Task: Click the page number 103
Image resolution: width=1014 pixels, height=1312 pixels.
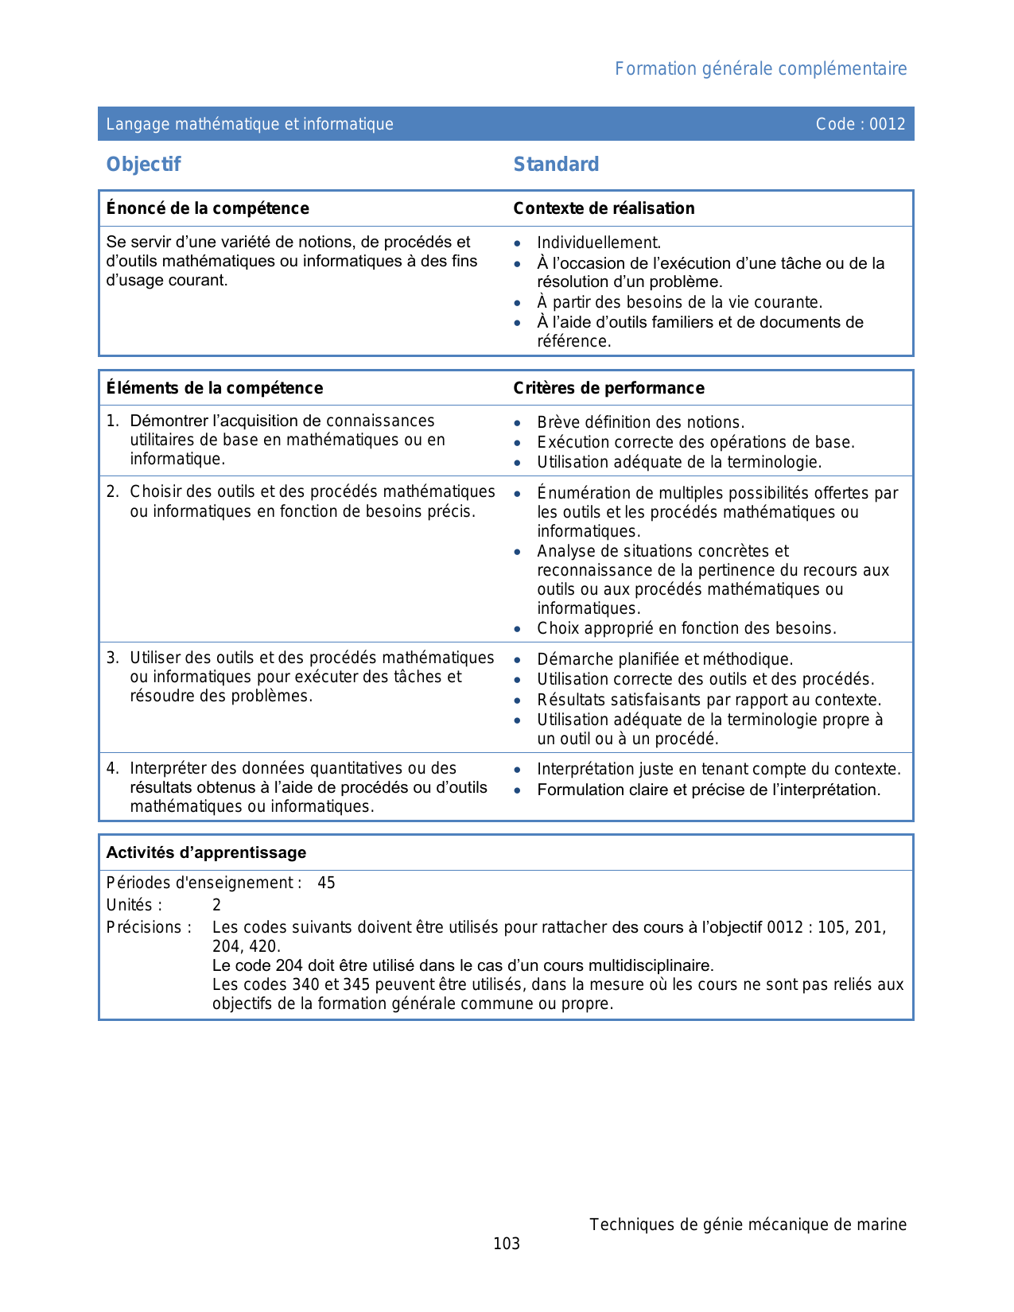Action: tap(507, 1244)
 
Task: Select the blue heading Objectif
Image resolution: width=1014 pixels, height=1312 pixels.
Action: tap(144, 165)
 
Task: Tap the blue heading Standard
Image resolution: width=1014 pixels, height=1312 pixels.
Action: tap(556, 165)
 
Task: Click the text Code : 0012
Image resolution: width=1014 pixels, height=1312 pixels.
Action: tap(861, 124)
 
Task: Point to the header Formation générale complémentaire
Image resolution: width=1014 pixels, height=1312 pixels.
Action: tap(760, 69)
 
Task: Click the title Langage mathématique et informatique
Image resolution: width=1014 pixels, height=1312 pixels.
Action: tap(250, 124)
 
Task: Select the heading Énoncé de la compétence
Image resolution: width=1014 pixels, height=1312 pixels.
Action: tap(208, 208)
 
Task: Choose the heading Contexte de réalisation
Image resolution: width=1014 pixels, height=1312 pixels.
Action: tap(604, 208)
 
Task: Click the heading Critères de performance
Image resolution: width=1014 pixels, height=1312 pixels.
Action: tap(608, 388)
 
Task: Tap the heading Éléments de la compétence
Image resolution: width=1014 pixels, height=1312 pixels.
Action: tap(215, 388)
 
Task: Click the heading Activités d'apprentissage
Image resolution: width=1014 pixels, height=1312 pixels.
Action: tap(206, 852)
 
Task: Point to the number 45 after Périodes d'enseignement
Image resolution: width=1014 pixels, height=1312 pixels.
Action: tap(326, 883)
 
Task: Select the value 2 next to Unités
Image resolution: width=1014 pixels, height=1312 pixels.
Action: tap(216, 905)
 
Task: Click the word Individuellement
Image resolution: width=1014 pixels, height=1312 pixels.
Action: tap(599, 243)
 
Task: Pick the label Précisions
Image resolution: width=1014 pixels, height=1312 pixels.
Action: tap(149, 927)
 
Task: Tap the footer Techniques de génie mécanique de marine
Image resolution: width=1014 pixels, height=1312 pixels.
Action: tap(748, 1225)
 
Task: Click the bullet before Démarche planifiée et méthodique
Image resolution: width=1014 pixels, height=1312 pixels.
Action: tap(518, 660)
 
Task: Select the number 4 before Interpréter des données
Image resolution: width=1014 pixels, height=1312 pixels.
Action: tap(112, 768)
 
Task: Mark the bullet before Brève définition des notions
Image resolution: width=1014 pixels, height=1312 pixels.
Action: tap(518, 423)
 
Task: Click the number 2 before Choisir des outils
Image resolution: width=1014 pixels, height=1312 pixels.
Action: tap(112, 492)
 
